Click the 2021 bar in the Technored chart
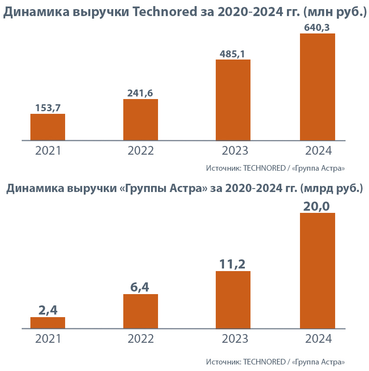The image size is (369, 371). [x=48, y=127]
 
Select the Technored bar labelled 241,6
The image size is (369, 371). [x=141, y=120]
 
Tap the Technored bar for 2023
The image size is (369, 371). [x=233, y=100]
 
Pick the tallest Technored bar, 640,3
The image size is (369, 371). [x=317, y=87]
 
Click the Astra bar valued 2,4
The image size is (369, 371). [x=48, y=323]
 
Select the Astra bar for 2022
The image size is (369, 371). [x=141, y=311]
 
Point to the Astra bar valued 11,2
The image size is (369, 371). [x=233, y=300]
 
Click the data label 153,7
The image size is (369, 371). [x=48, y=108]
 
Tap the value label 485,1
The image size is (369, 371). [x=233, y=54]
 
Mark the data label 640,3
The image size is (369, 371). [x=317, y=27]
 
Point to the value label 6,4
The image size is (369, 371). [x=141, y=287]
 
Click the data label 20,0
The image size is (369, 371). [x=317, y=205]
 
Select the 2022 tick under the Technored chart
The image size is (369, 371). [x=141, y=151]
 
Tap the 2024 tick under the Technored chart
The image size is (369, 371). [x=318, y=151]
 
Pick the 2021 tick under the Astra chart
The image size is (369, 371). [x=48, y=339]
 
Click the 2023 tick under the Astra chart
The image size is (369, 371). [x=235, y=339]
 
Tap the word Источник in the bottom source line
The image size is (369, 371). [x=223, y=361]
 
